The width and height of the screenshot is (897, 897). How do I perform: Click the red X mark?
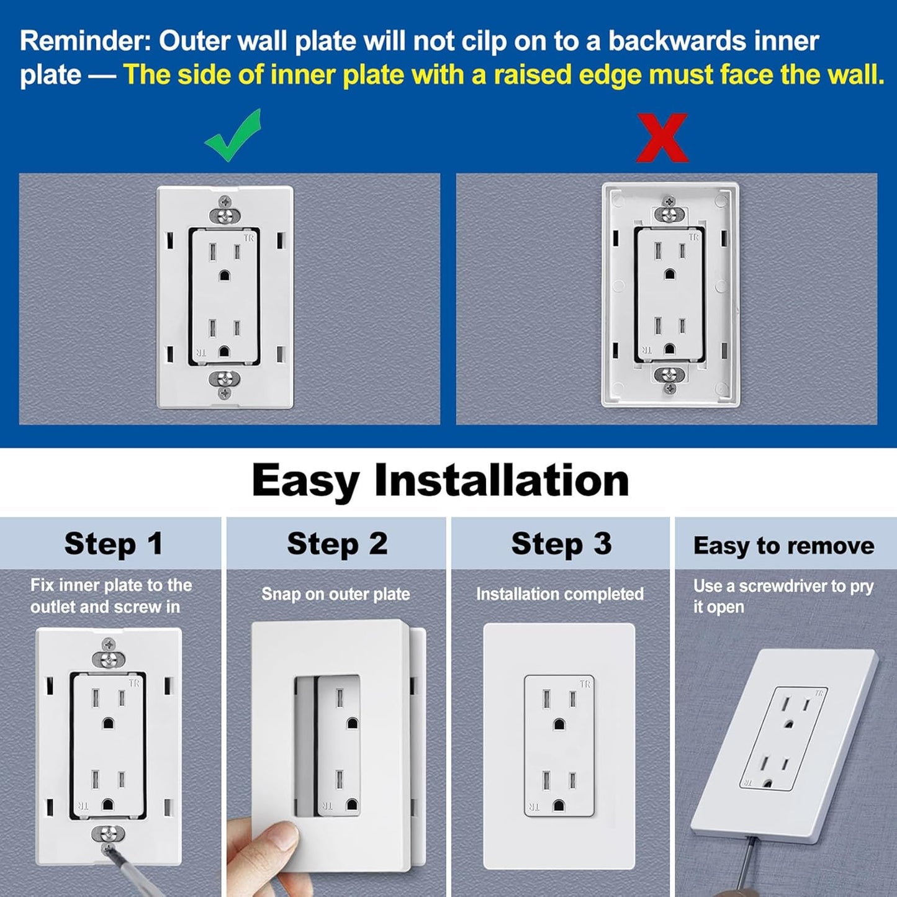(x=662, y=138)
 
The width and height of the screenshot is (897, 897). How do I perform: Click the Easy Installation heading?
(x=440, y=481)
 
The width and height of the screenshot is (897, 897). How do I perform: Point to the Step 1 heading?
(x=114, y=544)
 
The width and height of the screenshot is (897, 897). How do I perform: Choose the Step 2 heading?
(x=337, y=544)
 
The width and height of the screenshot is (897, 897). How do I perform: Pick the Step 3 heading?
(x=561, y=544)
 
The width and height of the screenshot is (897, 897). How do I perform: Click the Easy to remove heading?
(x=783, y=546)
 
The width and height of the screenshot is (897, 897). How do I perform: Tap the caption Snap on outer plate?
(x=335, y=594)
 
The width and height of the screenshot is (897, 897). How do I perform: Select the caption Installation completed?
(x=559, y=594)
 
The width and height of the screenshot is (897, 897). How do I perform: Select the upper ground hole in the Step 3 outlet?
(x=559, y=724)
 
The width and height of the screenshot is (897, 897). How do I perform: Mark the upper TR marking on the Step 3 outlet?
(x=585, y=684)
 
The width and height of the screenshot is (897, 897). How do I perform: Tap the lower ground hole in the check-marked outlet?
(x=224, y=352)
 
